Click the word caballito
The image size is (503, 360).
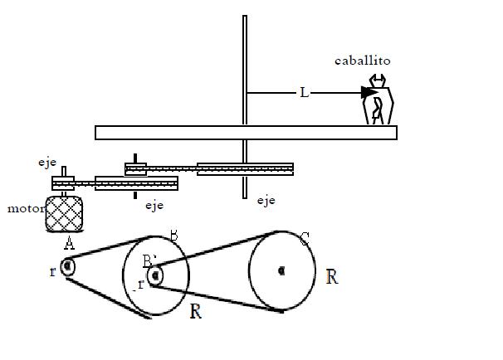tap(363, 61)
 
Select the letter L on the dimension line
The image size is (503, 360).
tap(304, 93)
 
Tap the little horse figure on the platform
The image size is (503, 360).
tap(378, 100)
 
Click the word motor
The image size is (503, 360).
tap(27, 209)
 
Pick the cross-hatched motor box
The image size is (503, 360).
tap(64, 214)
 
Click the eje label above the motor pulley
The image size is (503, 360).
tap(47, 163)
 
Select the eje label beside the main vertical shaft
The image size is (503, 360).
tap(266, 201)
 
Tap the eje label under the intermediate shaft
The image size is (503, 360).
tap(154, 205)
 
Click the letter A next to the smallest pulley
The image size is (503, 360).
tap(69, 243)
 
